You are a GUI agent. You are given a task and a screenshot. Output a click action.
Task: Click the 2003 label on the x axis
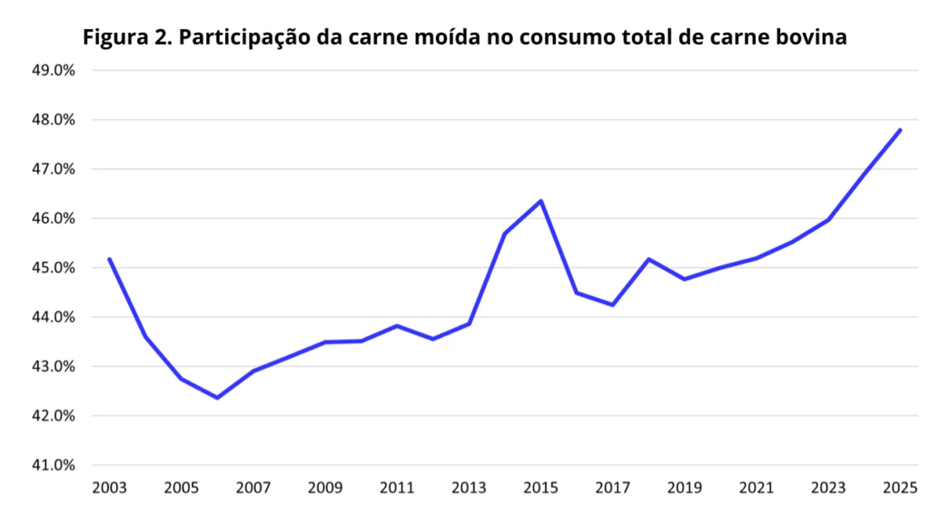pos(110,488)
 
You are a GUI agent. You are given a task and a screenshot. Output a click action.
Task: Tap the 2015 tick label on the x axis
pos(541,488)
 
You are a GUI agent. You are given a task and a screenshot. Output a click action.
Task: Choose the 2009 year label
pos(325,488)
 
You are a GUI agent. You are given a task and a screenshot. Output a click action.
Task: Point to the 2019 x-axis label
pos(685,488)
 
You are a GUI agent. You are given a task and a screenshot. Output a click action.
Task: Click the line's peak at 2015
pos(541,201)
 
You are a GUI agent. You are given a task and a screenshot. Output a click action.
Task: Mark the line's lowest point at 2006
pos(218,398)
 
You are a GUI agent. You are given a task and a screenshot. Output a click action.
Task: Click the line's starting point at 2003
pos(110,259)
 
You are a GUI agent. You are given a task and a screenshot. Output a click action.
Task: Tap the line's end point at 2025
pos(900,130)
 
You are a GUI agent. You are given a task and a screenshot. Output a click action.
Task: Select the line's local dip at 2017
pos(613,305)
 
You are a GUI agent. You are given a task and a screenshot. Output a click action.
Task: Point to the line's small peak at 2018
pos(648,259)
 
